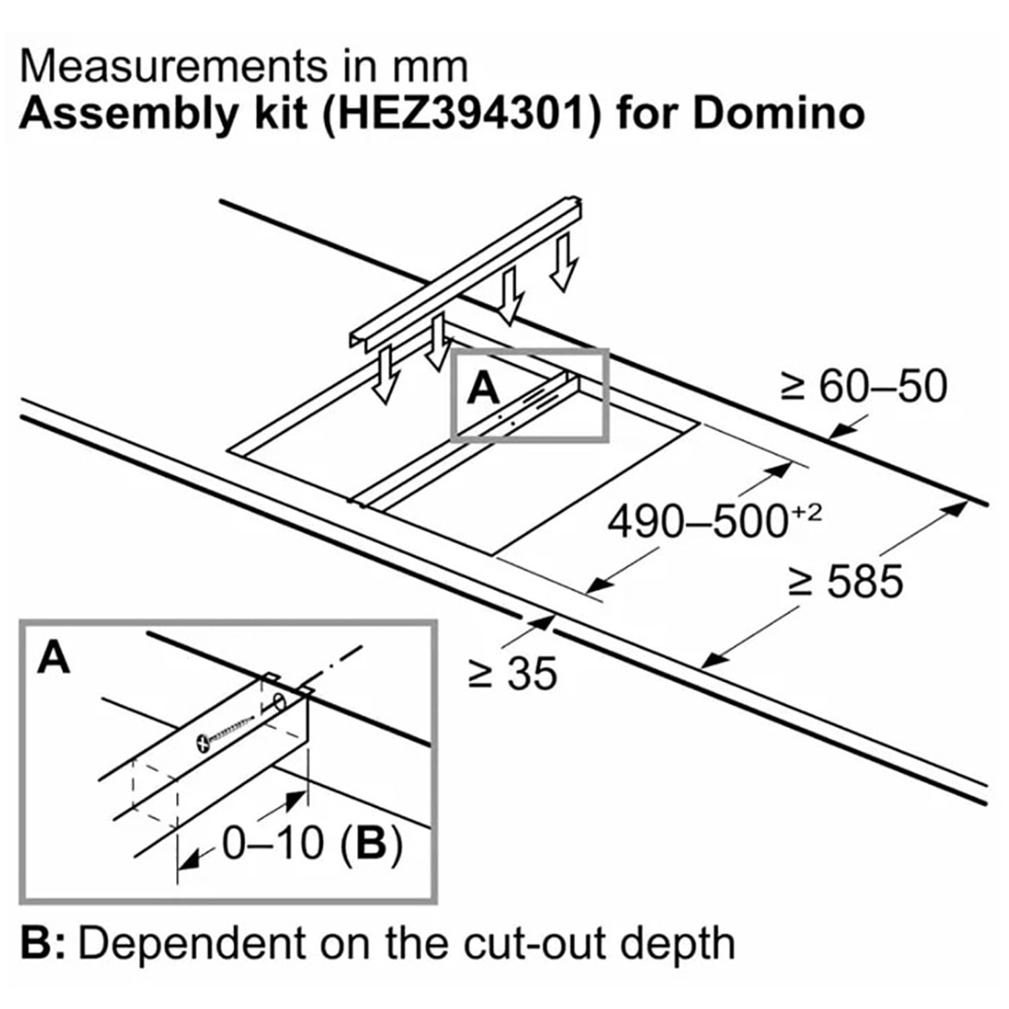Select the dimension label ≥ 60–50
(864, 387)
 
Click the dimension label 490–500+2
(714, 521)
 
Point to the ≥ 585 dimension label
(846, 581)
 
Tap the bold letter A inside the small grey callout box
(484, 388)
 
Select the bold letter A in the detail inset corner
(54, 657)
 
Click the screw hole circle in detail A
(276, 707)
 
